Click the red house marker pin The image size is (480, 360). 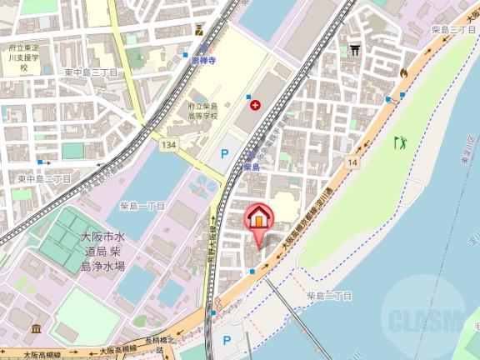pyautogui.click(x=258, y=219)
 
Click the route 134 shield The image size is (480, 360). pyautogui.click(x=167, y=146)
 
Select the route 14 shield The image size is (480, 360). pyautogui.click(x=353, y=161)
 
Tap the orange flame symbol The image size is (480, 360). pyautogui.click(x=403, y=73)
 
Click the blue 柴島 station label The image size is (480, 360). pyautogui.click(x=252, y=167)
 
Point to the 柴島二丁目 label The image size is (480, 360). pyautogui.click(x=328, y=295)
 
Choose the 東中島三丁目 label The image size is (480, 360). pyautogui.click(x=91, y=72)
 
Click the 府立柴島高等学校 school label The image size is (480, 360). pyautogui.click(x=202, y=111)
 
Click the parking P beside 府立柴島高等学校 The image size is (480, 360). pyautogui.click(x=224, y=152)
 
